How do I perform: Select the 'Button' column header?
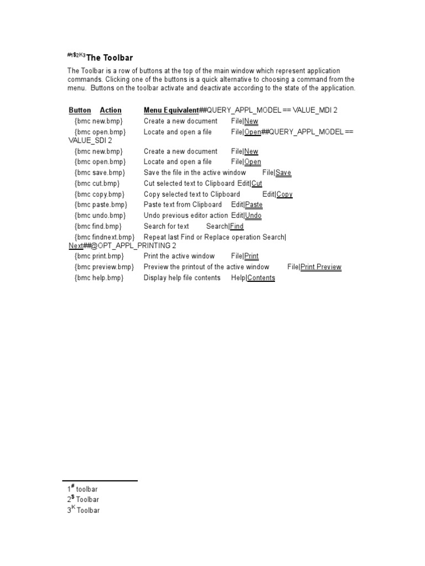pyautogui.click(x=80, y=110)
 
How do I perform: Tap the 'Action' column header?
pyautogui.click(x=111, y=110)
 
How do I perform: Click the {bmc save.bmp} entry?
pyautogui.click(x=100, y=172)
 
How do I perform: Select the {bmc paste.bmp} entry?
pyautogui.click(x=101, y=205)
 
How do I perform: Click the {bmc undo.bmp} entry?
pyautogui.click(x=100, y=216)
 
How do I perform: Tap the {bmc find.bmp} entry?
pyautogui.click(x=98, y=226)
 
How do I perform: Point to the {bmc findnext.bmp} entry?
pyautogui.click(x=105, y=237)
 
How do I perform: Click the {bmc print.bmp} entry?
pyautogui.click(x=99, y=256)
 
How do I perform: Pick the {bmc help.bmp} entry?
pyautogui.click(x=99, y=278)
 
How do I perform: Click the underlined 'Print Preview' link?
pyautogui.click(x=321, y=267)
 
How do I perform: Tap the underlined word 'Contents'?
pyautogui.click(x=261, y=278)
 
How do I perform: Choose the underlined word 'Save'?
pyautogui.click(x=283, y=172)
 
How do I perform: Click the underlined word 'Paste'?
pyautogui.click(x=253, y=205)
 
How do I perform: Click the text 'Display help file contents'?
pyautogui.click(x=182, y=278)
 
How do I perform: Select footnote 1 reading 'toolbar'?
pyautogui.click(x=86, y=489)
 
